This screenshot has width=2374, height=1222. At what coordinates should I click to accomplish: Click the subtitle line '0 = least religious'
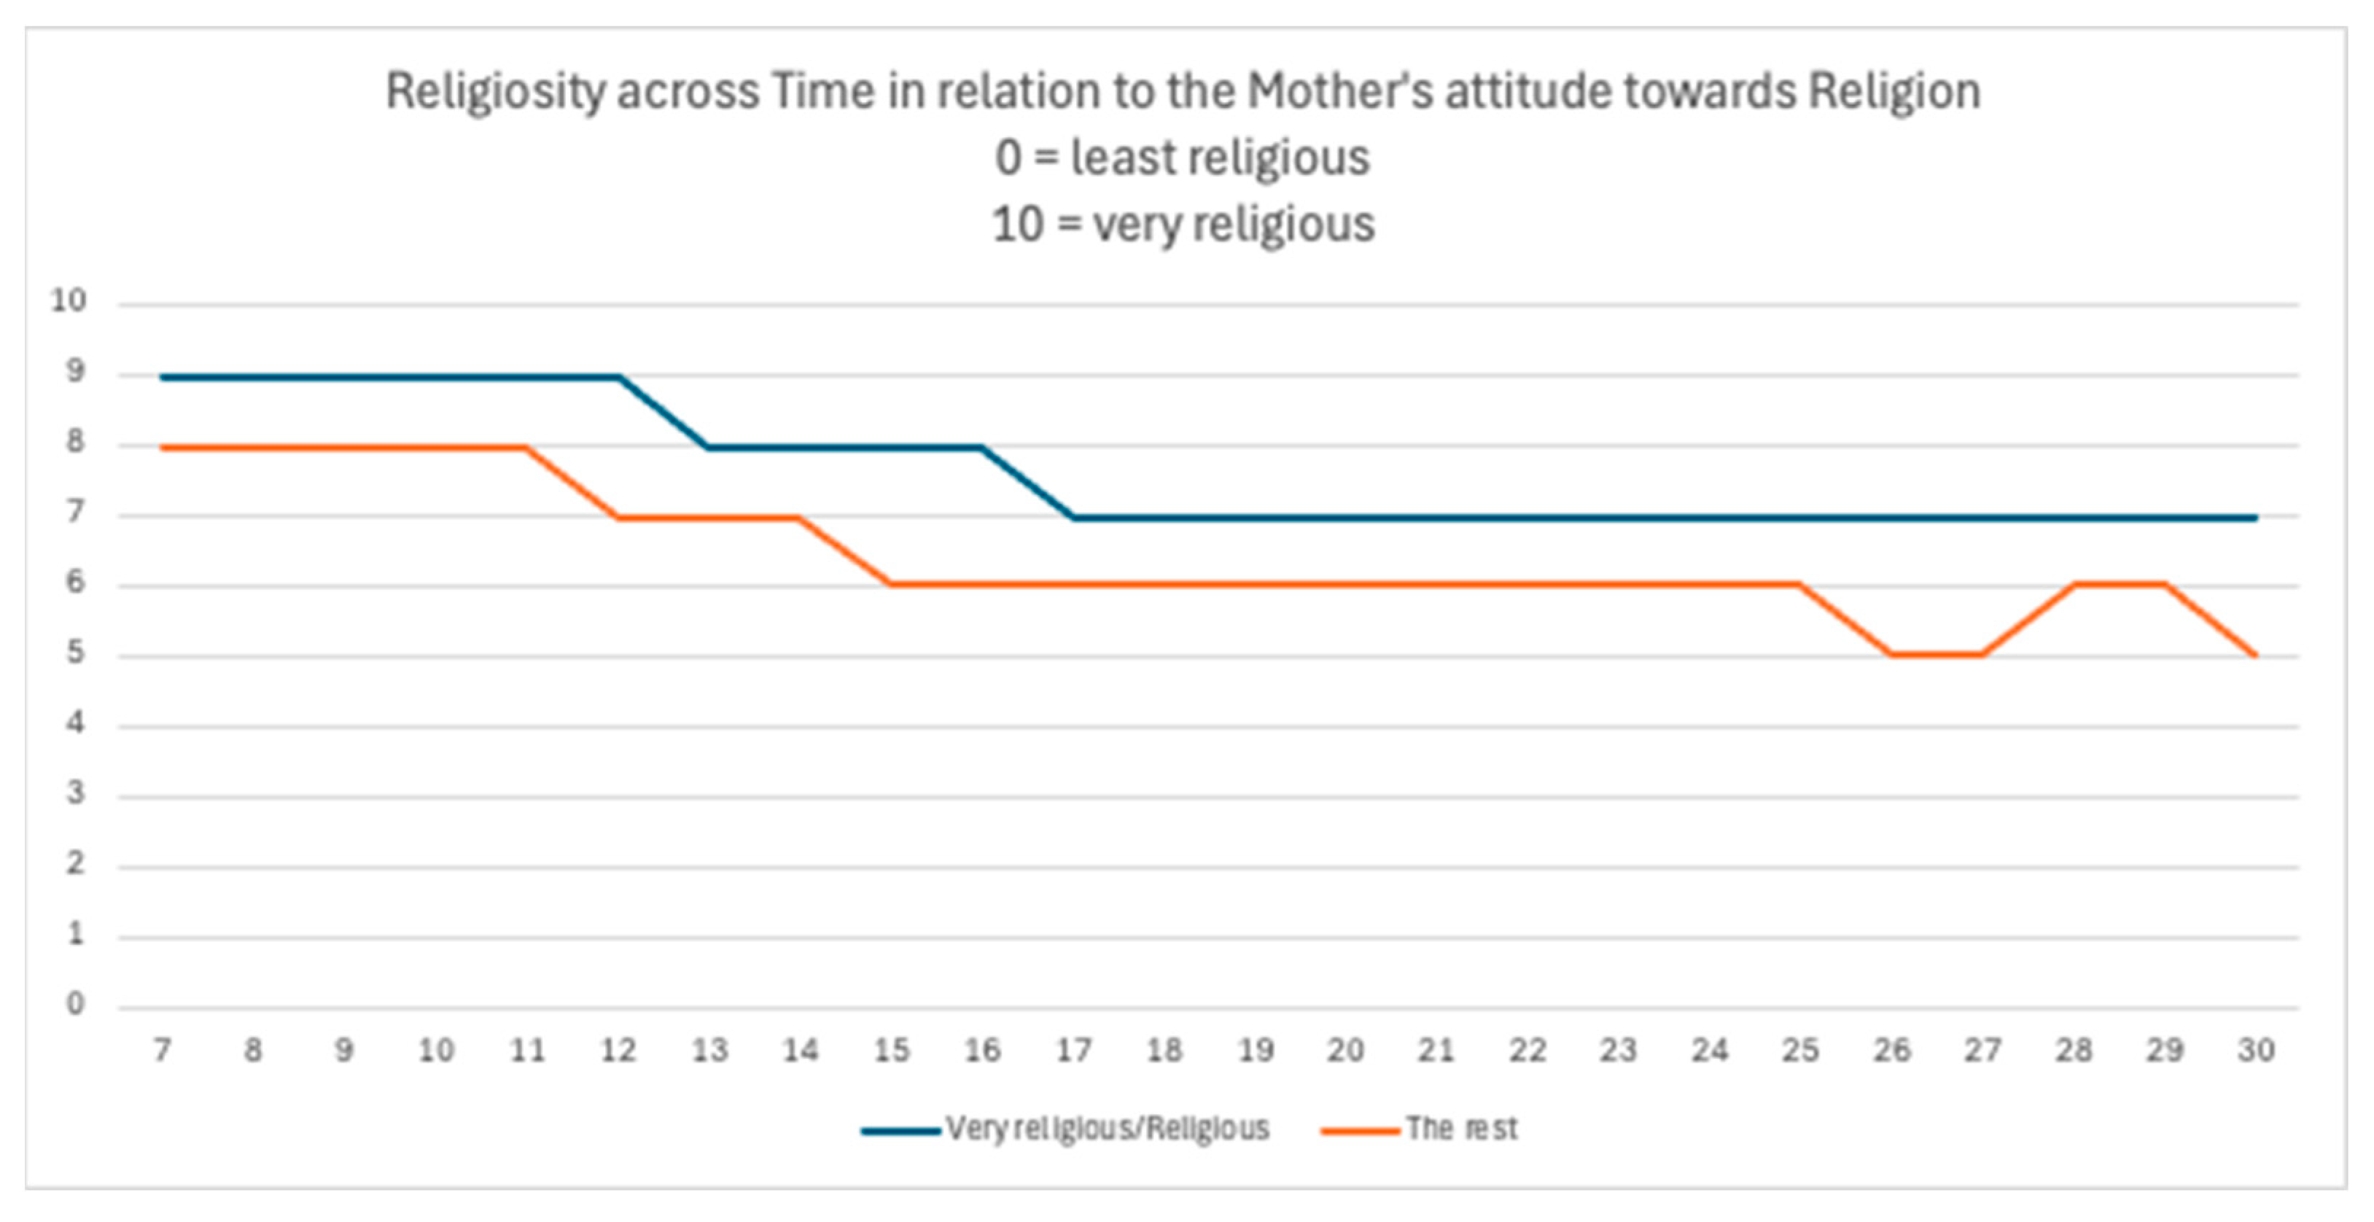(1183, 157)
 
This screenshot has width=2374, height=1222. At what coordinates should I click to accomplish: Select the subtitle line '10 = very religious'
(1183, 224)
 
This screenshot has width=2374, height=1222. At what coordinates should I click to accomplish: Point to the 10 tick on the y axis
(69, 300)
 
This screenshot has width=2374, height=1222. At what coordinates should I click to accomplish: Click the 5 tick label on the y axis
(74, 653)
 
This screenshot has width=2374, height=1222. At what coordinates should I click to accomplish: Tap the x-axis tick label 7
(162, 1050)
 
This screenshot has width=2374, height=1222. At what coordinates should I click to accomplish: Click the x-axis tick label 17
(1073, 1050)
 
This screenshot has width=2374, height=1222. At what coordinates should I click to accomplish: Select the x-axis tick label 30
(2256, 1050)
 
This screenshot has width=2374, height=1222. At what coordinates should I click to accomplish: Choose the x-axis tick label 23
(1619, 1050)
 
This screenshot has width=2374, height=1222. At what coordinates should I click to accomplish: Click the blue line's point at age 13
(708, 448)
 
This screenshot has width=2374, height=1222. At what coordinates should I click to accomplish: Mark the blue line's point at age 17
(1073, 518)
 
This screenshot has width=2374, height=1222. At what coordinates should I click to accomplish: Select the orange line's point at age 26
(1892, 654)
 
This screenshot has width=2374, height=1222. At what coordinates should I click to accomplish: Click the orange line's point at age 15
(890, 584)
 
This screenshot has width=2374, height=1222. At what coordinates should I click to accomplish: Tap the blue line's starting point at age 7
(162, 377)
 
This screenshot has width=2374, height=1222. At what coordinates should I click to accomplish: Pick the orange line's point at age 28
(2074, 584)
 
